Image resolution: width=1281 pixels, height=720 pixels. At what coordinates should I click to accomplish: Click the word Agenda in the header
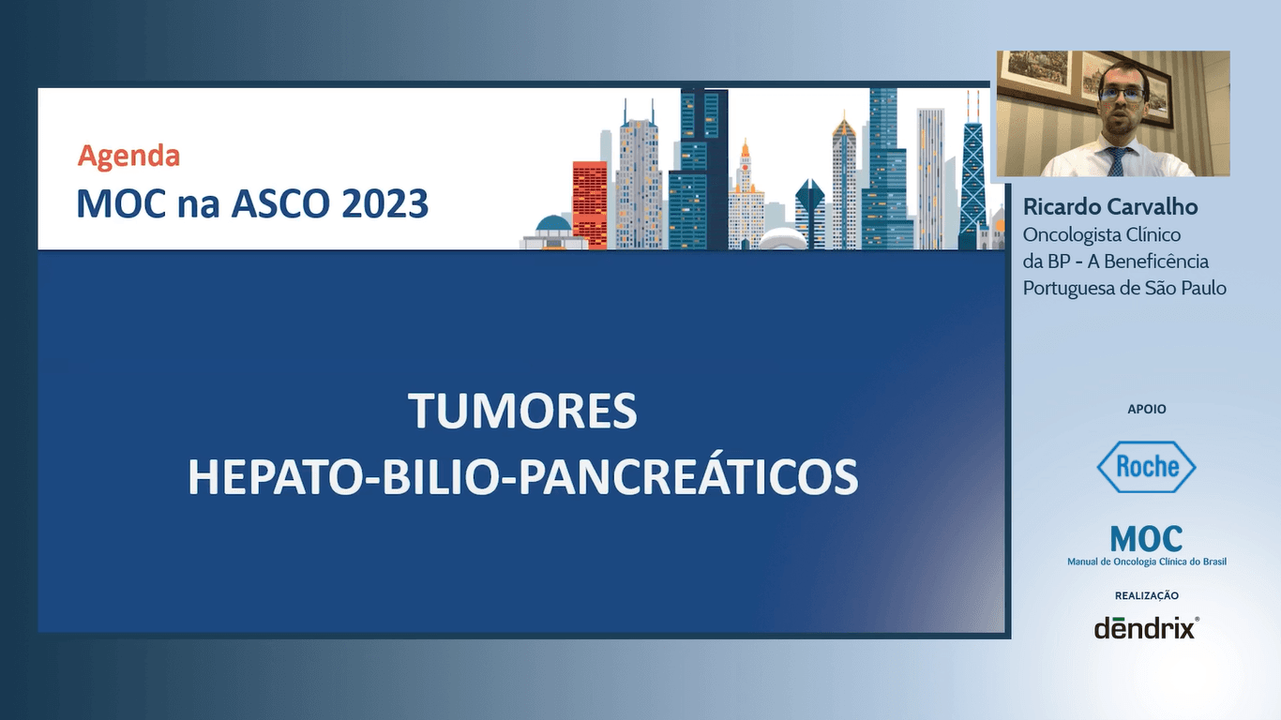point(128,156)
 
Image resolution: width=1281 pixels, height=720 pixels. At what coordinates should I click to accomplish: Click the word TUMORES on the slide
point(522,412)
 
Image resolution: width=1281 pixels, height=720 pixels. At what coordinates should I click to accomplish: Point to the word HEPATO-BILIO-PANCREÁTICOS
point(522,476)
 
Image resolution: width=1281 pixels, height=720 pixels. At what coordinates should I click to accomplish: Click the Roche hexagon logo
point(1146,466)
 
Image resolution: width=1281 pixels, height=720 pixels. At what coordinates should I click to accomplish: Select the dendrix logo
point(1146,627)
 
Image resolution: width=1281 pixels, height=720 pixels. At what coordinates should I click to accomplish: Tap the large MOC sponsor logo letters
point(1146,539)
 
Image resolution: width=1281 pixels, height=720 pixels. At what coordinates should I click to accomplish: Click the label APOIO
point(1146,409)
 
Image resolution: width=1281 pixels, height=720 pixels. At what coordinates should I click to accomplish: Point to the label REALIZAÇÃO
point(1146,595)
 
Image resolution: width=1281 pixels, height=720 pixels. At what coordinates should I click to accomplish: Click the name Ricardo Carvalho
point(1110,207)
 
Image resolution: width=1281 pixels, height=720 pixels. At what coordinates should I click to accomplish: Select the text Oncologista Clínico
point(1102,234)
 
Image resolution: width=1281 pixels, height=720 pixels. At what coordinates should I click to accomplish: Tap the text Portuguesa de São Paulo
point(1124,288)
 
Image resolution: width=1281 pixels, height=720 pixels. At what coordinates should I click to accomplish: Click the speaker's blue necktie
point(1116,161)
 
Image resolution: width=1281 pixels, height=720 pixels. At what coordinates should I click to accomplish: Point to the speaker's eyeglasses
point(1120,96)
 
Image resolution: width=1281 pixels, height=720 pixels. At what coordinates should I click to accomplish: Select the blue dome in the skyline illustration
point(553,224)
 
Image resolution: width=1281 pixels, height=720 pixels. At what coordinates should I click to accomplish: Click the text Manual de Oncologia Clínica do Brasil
point(1146,562)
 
